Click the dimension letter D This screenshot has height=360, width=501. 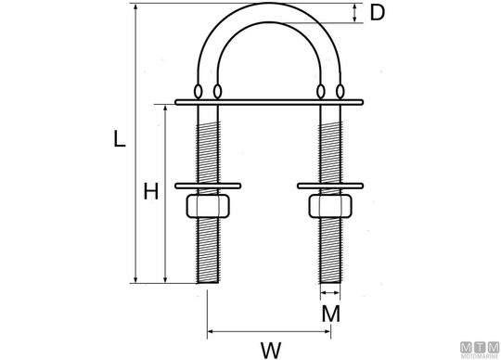pos(377,13)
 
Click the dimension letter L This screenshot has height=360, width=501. pos(120,139)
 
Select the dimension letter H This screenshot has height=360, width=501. pos(151,191)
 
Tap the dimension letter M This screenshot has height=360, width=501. pos(330,314)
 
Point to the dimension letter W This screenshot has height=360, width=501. pos(271,350)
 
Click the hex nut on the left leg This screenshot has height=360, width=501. pos(208,206)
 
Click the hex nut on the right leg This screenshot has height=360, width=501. pos(330,206)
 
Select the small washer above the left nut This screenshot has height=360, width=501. pos(208,186)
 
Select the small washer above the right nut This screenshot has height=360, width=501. pos(330,186)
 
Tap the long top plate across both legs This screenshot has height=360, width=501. pos(269,102)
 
